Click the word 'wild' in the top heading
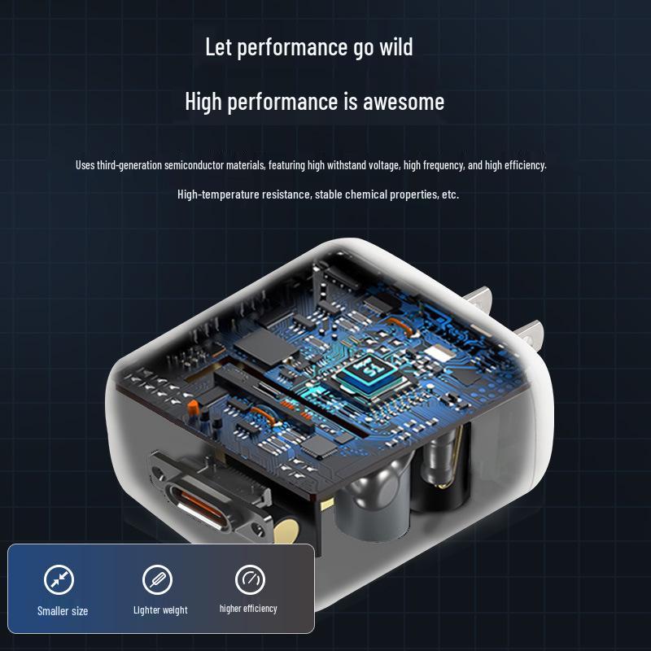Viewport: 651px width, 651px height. click(x=396, y=46)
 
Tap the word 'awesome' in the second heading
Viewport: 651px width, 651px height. click(x=404, y=102)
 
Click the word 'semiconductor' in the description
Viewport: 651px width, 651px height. click(x=194, y=165)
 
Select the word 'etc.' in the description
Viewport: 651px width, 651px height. click(x=451, y=194)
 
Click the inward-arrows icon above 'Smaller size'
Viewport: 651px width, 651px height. click(x=59, y=579)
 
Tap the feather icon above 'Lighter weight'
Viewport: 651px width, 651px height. click(x=157, y=579)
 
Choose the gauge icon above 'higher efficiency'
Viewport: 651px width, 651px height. click(x=250, y=579)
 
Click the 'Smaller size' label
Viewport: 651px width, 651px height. click(x=63, y=611)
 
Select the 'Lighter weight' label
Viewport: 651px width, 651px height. click(x=160, y=610)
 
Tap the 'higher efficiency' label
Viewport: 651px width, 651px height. click(x=248, y=609)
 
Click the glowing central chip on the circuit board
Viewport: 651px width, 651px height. click(x=369, y=375)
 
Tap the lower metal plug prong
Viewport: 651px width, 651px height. click(x=530, y=334)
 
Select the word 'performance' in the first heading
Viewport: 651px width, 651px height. click(x=292, y=47)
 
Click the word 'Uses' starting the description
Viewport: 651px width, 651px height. click(x=85, y=165)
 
